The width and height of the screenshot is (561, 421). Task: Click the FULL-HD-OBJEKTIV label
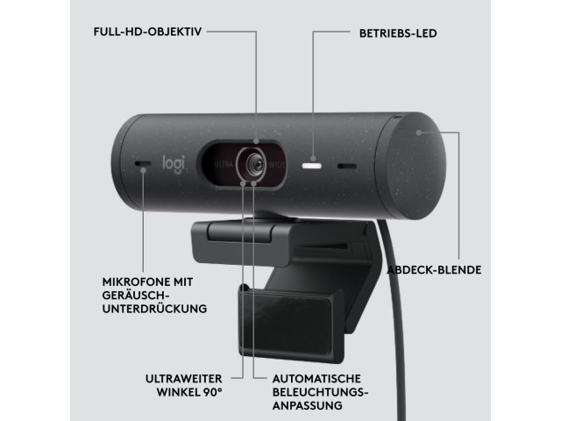147,32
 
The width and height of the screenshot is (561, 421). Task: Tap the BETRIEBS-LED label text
398,33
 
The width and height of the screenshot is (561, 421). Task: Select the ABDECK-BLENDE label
435,270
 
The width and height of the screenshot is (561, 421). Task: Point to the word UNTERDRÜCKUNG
154,308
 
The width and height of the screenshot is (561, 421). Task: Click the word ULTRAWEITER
183,378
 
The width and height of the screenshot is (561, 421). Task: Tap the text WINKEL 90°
189,392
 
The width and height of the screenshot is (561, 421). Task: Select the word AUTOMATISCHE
316,378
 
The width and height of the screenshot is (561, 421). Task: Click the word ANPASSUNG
308,405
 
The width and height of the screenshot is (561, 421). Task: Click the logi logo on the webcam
174,165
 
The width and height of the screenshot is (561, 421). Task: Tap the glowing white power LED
312,166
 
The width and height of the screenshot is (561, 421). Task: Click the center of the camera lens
255,164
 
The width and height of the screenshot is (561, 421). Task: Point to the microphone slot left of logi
143,164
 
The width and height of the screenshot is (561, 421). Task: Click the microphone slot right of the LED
347,166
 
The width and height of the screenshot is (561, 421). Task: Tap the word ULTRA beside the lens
224,165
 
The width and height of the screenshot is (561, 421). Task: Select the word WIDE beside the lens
277,165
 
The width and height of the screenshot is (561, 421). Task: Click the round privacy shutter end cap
410,166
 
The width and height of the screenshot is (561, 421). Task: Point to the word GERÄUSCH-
135,296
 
